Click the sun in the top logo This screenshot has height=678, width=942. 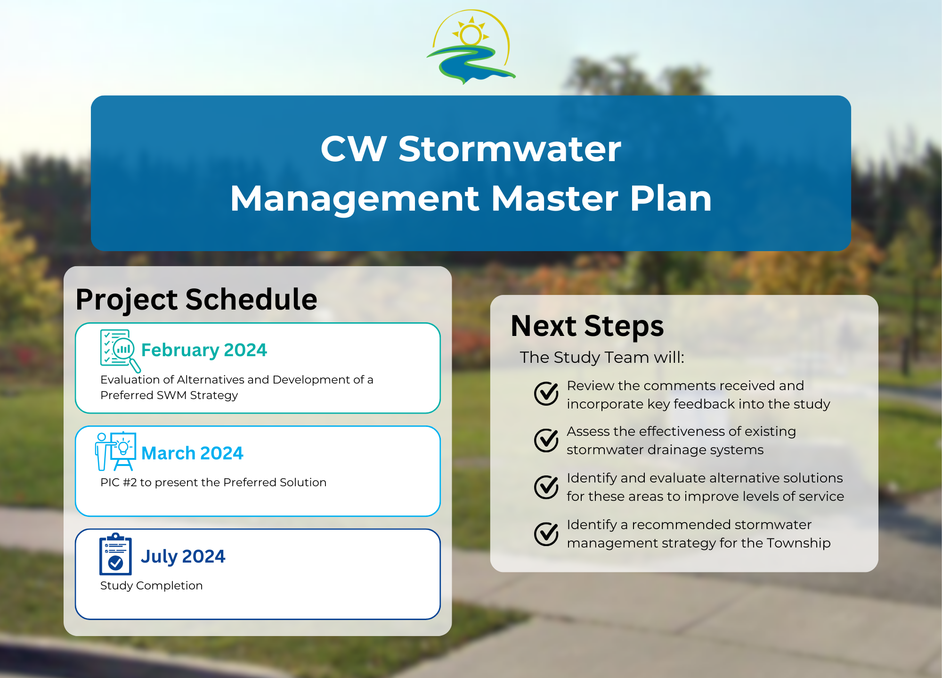coord(471,34)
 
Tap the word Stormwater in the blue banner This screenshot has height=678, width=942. coord(510,149)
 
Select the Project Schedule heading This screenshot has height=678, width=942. coord(196,299)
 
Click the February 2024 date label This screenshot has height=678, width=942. coord(204,350)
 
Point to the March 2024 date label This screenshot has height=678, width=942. coord(192,453)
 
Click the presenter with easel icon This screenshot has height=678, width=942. coord(116,451)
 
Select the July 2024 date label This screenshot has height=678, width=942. coord(183,556)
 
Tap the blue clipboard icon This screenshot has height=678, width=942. coord(115,555)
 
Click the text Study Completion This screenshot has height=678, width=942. coord(151,586)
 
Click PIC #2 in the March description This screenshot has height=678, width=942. coord(118,482)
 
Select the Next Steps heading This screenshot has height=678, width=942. coord(587,326)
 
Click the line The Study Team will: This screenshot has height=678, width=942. coord(601,358)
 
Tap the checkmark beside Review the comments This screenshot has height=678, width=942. coord(546,393)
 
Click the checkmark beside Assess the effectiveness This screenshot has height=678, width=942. coord(546,440)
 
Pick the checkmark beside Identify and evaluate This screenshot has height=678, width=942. coord(546,487)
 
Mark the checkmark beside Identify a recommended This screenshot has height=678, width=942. coord(546,533)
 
